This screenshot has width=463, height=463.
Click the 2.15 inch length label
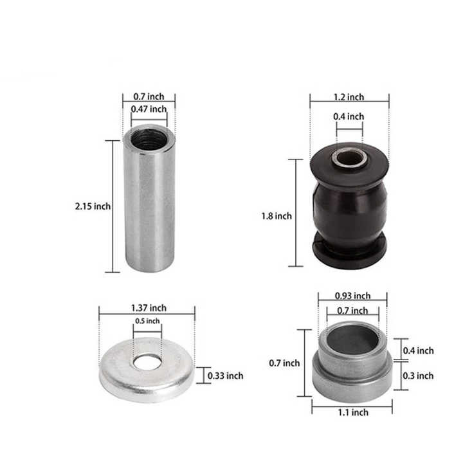pyautogui.click(x=93, y=206)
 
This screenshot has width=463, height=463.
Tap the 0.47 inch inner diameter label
pyautogui.click(x=149, y=109)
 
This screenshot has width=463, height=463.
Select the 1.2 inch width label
pyautogui.click(x=349, y=97)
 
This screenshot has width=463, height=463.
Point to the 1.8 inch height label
pyautogui.click(x=277, y=216)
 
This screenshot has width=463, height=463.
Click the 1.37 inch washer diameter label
pyautogui.click(x=149, y=308)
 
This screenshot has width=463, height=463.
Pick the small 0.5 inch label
pyautogui.click(x=147, y=321)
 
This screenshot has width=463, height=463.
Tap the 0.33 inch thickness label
pyautogui.click(x=225, y=376)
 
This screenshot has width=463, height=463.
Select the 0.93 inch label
pyautogui.click(x=352, y=296)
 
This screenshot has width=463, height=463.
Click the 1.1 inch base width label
pyautogui.click(x=353, y=412)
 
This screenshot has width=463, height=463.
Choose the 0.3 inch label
pyautogui.click(x=418, y=376)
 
